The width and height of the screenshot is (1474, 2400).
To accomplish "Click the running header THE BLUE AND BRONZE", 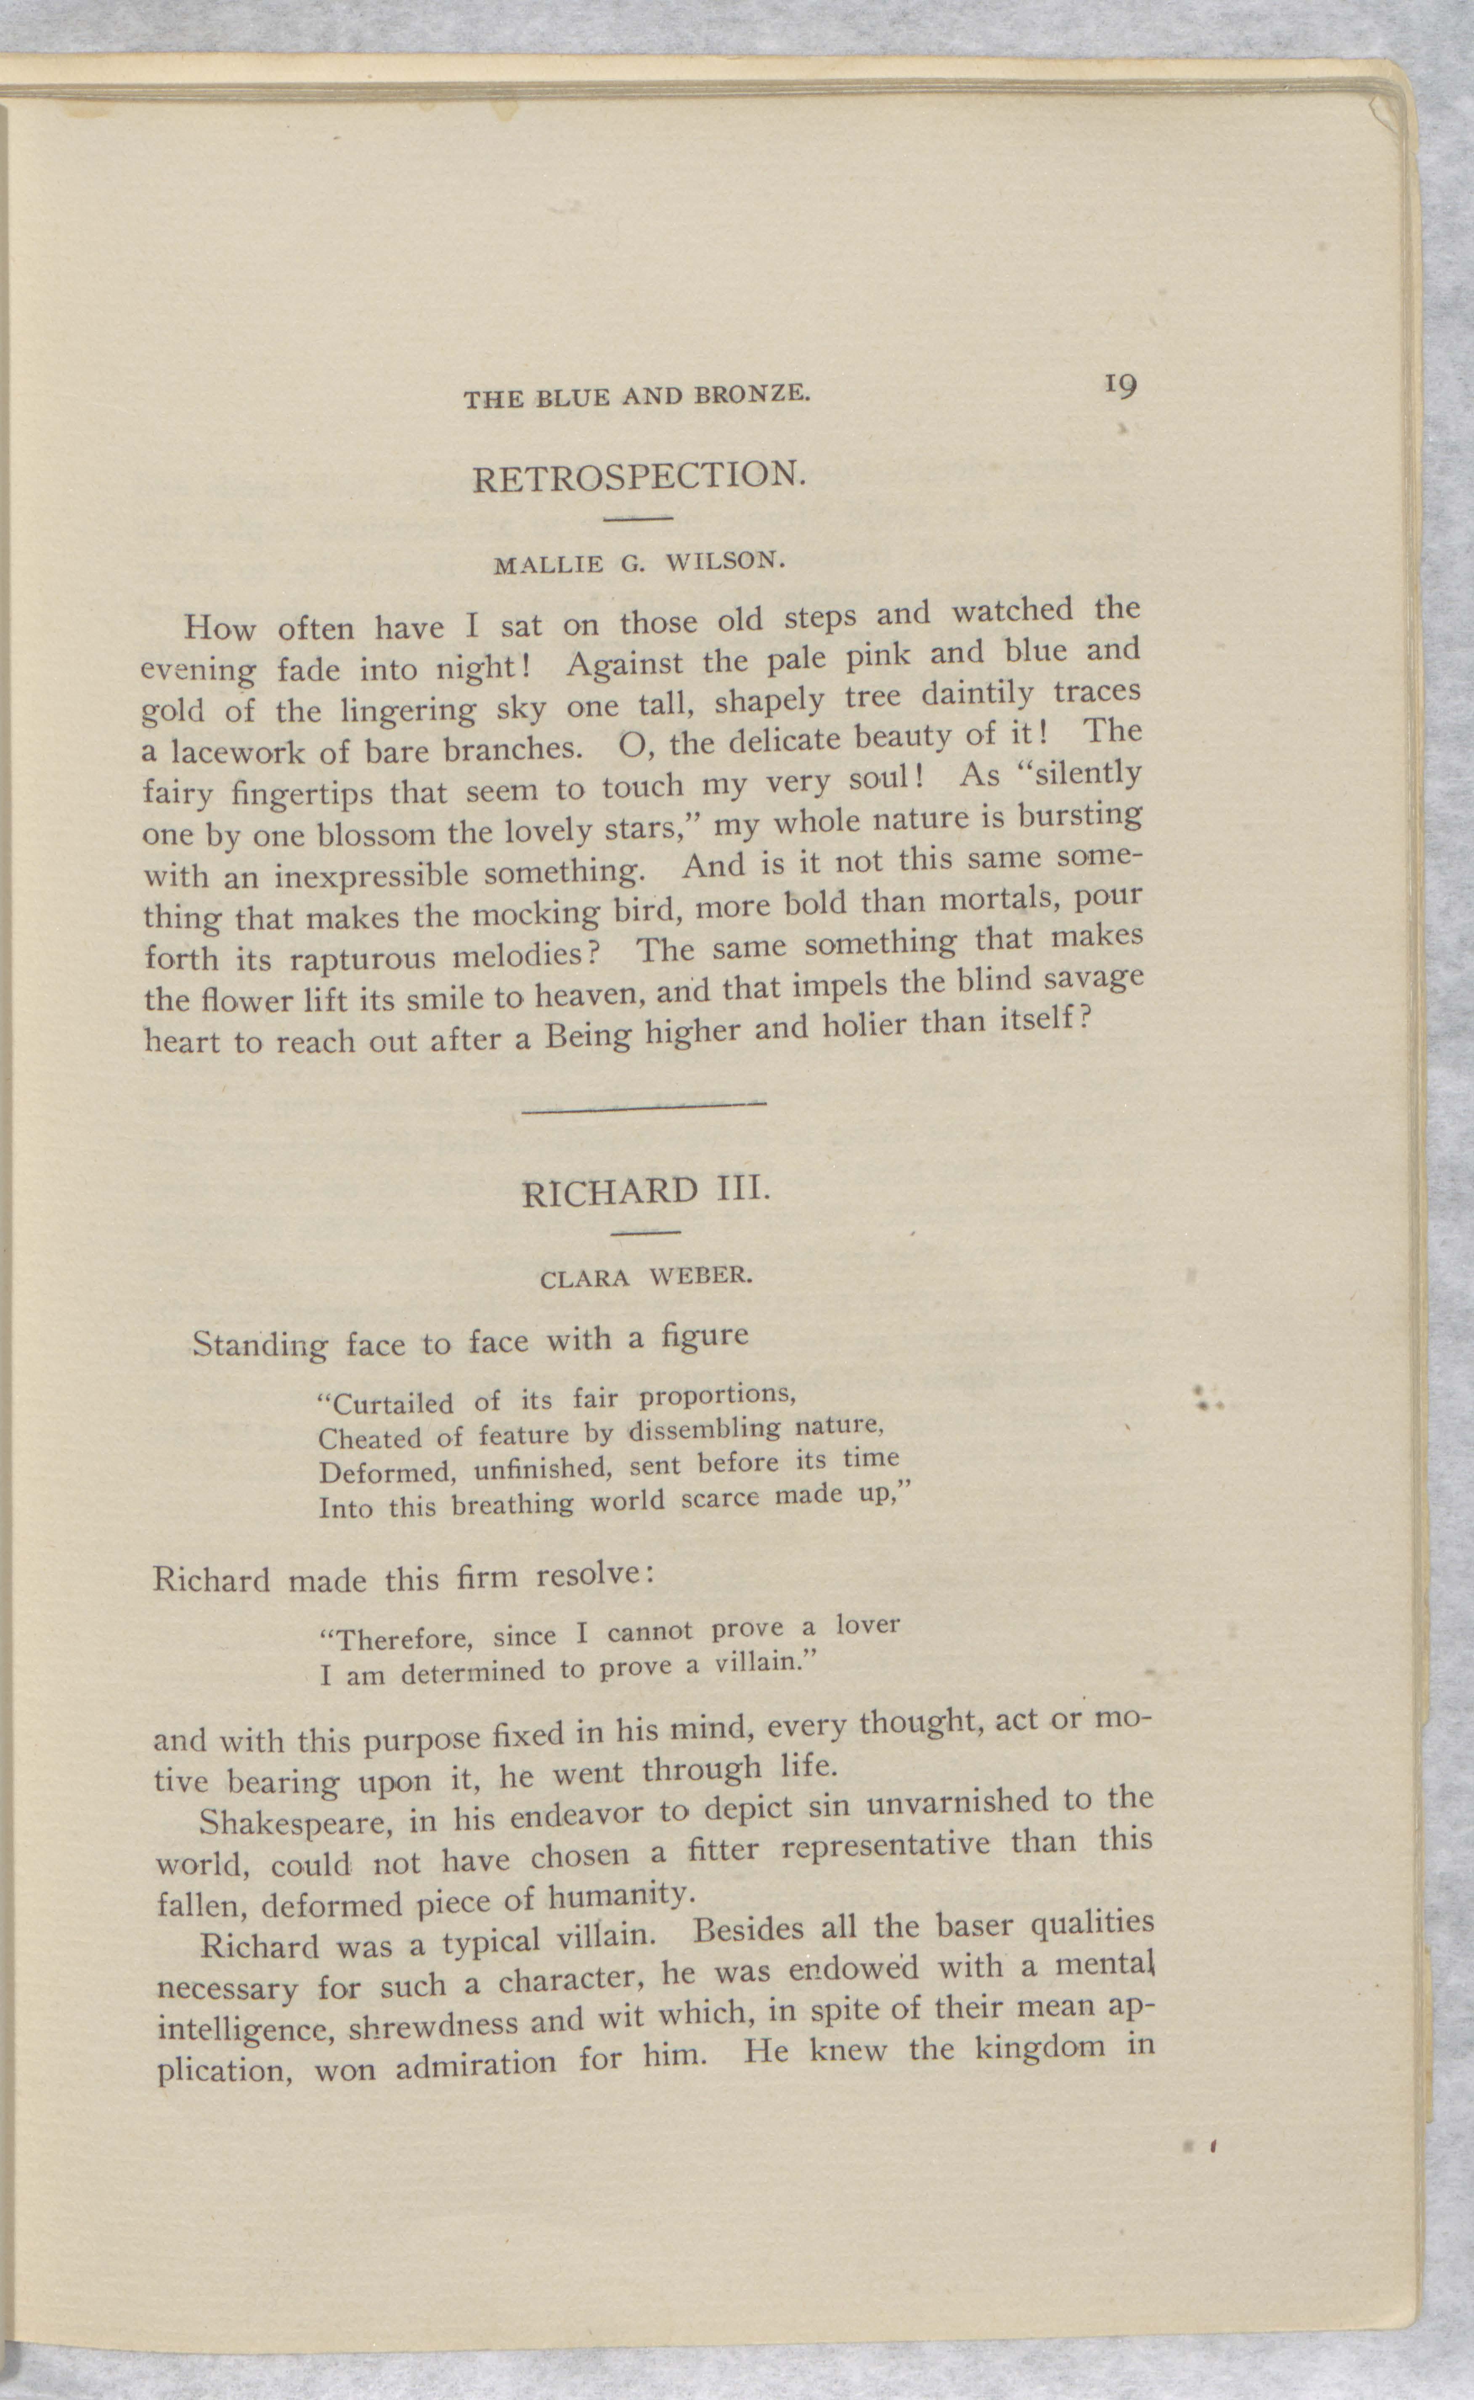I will coord(636,397).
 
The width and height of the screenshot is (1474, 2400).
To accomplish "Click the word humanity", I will coord(621,1896).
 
